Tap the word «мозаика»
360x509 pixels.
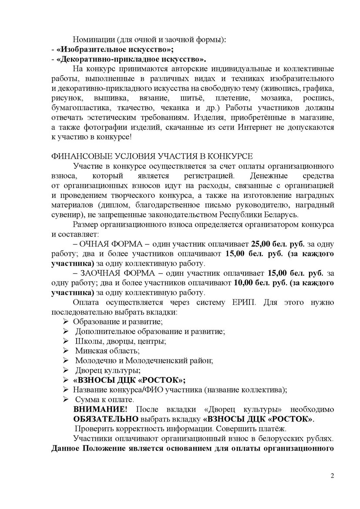point(277,97)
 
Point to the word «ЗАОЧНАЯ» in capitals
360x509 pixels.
point(101,273)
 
